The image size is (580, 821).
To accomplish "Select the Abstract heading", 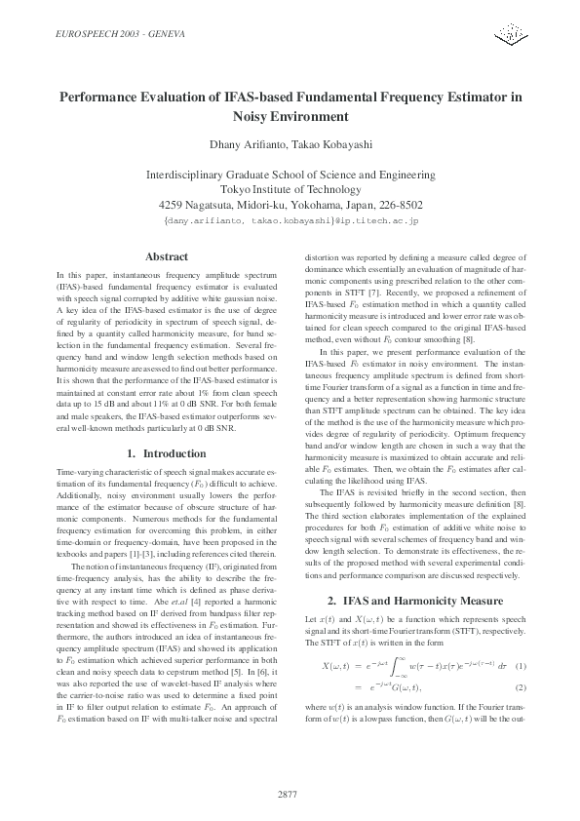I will coord(166,256).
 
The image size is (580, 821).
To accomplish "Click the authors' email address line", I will coord(290,222).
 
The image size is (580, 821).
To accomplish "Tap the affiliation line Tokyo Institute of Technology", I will coord(290,189).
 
